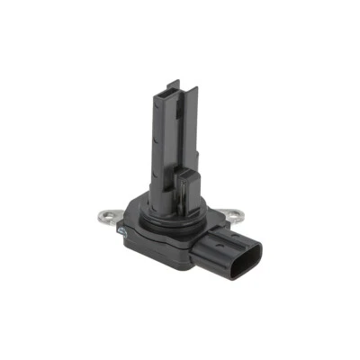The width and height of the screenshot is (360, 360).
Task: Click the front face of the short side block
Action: (185, 192)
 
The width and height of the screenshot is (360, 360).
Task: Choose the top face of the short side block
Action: (187, 170)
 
